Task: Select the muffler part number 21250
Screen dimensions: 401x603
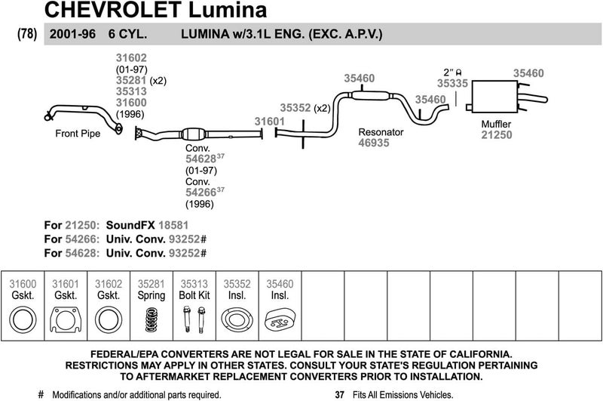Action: tap(497, 135)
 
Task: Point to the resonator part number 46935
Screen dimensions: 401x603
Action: tap(373, 143)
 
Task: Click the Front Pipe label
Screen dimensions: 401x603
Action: tap(78, 134)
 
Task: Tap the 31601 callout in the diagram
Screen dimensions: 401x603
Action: tap(269, 121)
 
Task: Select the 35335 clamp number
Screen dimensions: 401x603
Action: tap(453, 84)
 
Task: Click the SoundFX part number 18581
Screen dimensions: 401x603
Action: tap(173, 225)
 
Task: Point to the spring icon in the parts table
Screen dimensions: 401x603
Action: tap(152, 322)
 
